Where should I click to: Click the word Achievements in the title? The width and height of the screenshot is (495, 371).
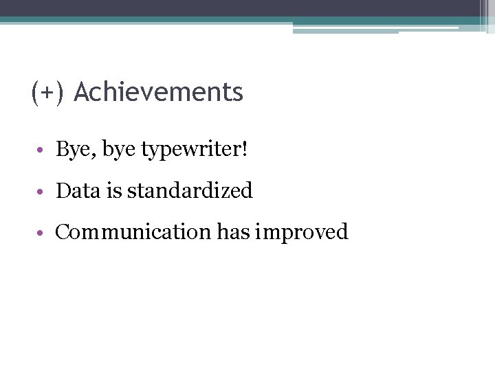point(158,92)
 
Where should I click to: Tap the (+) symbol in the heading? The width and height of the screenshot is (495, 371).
point(47,92)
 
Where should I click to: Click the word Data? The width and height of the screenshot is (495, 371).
point(78,190)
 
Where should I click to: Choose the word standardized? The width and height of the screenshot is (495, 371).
point(190,190)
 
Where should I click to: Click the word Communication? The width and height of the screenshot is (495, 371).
point(133,232)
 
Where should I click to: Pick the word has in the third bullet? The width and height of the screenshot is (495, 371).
point(233,232)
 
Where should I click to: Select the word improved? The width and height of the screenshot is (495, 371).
point(302,233)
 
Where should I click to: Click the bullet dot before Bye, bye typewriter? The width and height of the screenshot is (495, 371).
point(43,150)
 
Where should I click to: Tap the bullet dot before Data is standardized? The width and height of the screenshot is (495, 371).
point(43,192)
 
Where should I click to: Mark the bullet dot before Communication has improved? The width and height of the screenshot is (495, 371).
point(43,233)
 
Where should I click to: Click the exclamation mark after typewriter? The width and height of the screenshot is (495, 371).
point(243,149)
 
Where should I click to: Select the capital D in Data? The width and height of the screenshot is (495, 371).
point(63,190)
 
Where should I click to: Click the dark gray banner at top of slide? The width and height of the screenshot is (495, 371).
point(241,8)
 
